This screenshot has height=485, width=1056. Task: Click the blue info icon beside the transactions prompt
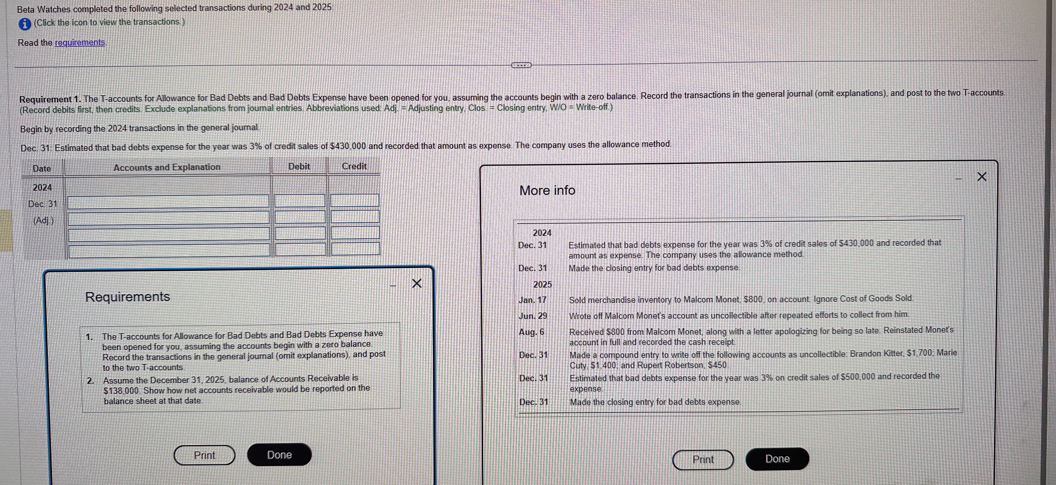(25, 24)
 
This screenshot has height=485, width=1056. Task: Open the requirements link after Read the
(80, 43)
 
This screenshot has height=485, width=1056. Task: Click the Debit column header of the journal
(299, 166)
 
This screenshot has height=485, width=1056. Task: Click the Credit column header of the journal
(354, 166)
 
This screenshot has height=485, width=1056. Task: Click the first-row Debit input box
(300, 201)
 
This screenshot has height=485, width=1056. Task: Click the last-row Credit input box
(355, 249)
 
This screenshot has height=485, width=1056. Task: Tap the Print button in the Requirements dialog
(204, 455)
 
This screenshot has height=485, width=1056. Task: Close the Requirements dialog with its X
(416, 283)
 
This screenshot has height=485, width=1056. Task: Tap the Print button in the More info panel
(703, 460)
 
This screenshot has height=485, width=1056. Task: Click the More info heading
(547, 191)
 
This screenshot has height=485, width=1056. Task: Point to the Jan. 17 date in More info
(532, 300)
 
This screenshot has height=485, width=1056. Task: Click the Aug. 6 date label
(531, 332)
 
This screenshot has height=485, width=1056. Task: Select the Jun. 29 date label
(532, 316)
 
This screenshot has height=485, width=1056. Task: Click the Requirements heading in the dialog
(128, 297)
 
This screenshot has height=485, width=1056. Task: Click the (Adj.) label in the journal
(43, 220)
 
